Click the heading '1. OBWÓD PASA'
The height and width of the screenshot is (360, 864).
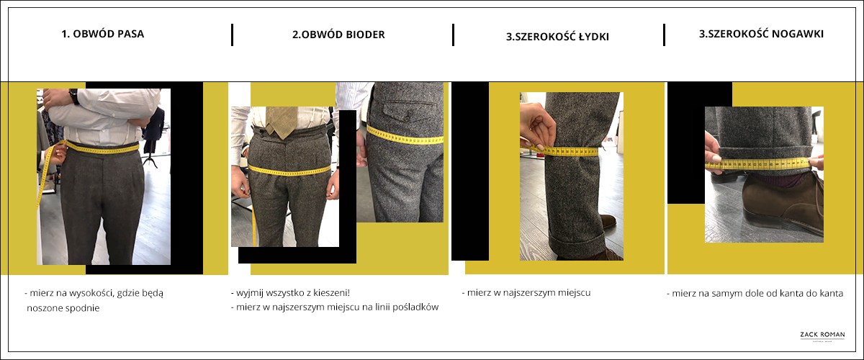tap(102, 34)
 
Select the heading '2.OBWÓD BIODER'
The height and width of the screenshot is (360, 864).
tap(338, 35)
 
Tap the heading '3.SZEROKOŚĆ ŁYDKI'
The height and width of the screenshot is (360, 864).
tap(557, 37)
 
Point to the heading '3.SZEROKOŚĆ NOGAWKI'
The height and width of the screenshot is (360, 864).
tap(761, 34)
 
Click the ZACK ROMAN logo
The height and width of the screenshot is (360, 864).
tap(822, 336)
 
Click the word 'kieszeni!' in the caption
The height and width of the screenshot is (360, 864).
tap(332, 292)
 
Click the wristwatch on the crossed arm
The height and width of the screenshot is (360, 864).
tap(73, 96)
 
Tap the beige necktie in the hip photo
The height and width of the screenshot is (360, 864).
tap(282, 122)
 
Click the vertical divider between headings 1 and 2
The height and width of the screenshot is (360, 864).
tap(232, 35)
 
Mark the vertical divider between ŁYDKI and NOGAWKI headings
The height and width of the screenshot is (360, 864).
tap(664, 35)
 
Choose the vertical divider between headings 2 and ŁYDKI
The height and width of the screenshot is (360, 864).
tap(453, 35)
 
